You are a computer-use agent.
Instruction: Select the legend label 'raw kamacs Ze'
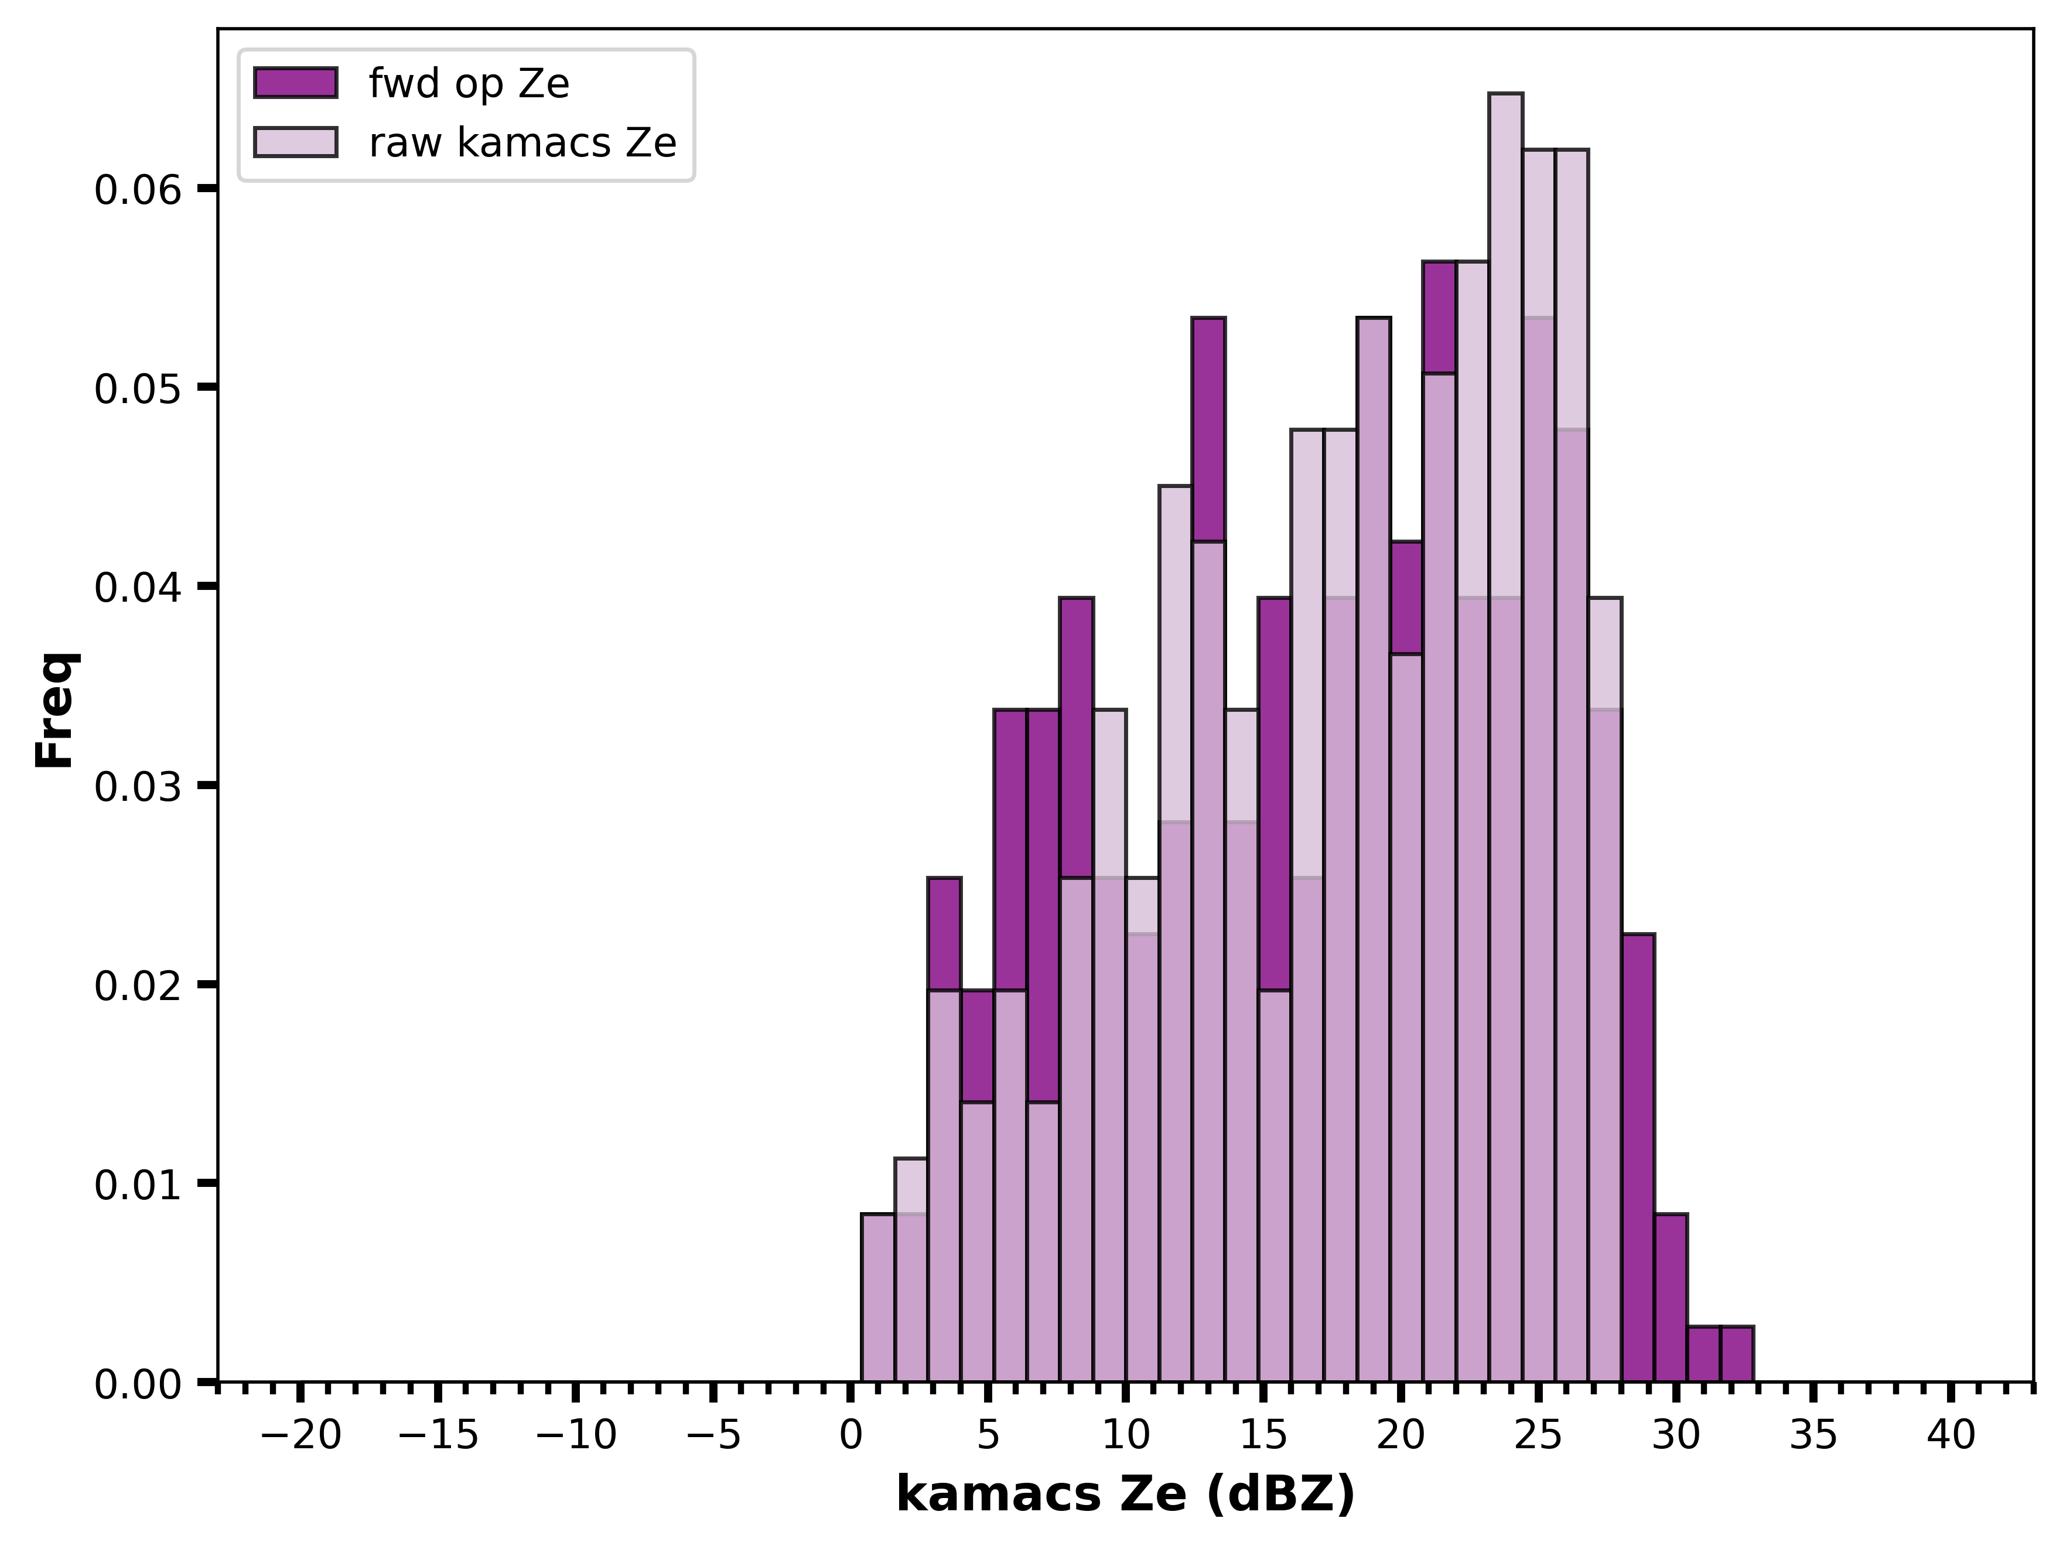pyautogui.click(x=522, y=143)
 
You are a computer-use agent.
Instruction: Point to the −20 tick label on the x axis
pyautogui.click(x=300, y=1435)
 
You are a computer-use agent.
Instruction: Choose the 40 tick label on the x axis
pyautogui.click(x=1951, y=1435)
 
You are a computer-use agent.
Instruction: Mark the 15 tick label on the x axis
pyautogui.click(x=1263, y=1435)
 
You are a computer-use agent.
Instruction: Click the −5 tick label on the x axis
pyautogui.click(x=713, y=1435)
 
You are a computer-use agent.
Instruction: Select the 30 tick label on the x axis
pyautogui.click(x=1676, y=1435)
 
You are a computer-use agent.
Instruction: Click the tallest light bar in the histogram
pyautogui.click(x=1505, y=737)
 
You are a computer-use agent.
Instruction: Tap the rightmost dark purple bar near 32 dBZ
pyautogui.click(x=1737, y=1353)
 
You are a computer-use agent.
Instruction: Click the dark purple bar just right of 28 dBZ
pyautogui.click(x=1638, y=1157)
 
